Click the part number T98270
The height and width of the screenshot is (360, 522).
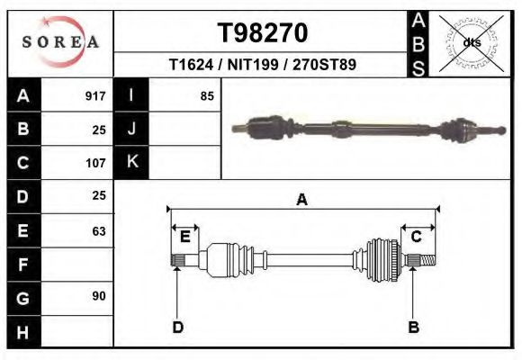(x=263, y=33)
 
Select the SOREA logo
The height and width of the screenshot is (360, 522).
(x=60, y=42)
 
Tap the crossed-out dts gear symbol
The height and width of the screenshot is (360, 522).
(x=471, y=42)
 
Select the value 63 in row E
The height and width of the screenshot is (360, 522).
(x=98, y=231)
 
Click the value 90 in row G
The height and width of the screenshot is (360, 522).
(x=98, y=296)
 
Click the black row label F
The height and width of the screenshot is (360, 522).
(x=22, y=265)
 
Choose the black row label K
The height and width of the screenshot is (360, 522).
(x=131, y=163)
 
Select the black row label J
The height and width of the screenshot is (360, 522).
(x=131, y=129)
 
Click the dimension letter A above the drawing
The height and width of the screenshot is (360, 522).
(x=302, y=200)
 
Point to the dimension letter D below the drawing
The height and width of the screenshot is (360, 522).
(x=177, y=328)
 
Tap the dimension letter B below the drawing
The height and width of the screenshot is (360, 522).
(x=414, y=328)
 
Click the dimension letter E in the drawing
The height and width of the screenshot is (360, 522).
(x=184, y=237)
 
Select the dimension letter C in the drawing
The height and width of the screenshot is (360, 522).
(x=417, y=237)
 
